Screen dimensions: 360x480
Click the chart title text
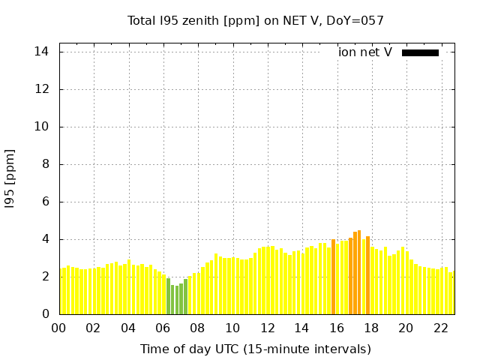point(256,21)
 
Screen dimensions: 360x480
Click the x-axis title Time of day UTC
point(256,349)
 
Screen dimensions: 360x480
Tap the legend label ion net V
point(365,52)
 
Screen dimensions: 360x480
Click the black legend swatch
point(420,52)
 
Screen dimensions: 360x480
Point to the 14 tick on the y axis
point(42,52)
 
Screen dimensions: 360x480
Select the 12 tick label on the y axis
point(42,89)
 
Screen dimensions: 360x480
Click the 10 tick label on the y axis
point(42,127)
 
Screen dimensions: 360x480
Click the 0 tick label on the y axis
point(45,314)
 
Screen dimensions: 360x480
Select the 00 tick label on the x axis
point(58,328)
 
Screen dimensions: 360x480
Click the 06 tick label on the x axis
point(163,328)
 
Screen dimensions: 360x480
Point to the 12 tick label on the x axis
point(267,328)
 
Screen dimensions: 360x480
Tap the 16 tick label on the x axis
point(337,328)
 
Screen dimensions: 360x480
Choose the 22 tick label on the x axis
point(441,328)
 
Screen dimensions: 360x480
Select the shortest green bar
point(177,300)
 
